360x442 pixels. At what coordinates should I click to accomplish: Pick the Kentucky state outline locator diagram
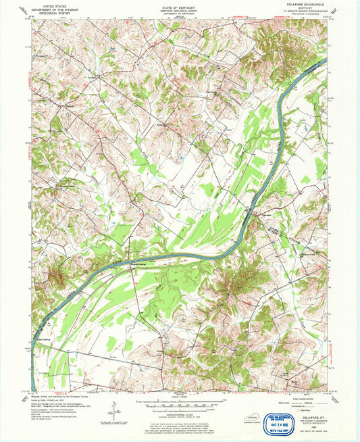(253, 419)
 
